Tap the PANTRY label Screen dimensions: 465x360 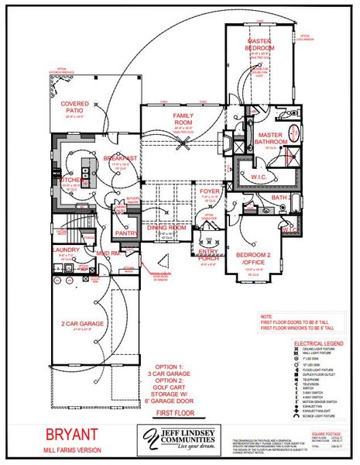(125, 232)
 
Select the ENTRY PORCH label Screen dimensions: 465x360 (208, 255)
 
